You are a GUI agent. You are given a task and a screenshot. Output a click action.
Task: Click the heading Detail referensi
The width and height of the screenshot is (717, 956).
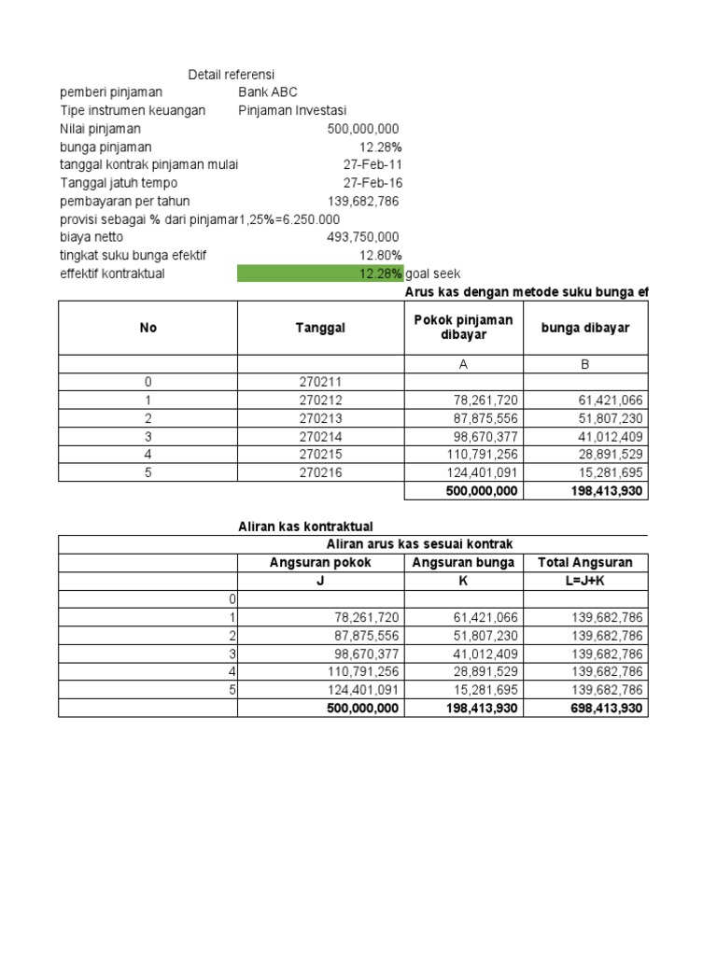(232, 75)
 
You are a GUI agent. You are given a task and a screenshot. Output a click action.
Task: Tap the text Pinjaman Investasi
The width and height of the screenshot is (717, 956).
(293, 110)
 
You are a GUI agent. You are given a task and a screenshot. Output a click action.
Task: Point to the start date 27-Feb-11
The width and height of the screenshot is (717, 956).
(373, 164)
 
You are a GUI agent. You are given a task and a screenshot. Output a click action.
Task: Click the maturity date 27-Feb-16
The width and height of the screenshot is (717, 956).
(373, 183)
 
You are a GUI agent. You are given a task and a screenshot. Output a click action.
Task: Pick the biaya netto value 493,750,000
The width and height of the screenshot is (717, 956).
(363, 237)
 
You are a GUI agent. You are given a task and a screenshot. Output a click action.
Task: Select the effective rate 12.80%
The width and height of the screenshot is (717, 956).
(381, 255)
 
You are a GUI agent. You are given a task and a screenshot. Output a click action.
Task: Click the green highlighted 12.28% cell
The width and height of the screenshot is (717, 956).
(320, 274)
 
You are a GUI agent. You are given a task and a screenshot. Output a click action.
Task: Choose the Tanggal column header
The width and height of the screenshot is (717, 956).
(320, 328)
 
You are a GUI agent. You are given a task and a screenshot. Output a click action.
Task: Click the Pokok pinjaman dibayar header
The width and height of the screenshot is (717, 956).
(463, 328)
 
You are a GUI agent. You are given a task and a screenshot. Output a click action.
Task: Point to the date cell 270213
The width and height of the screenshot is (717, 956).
(320, 418)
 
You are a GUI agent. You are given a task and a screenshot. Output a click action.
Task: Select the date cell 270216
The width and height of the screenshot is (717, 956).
(320, 472)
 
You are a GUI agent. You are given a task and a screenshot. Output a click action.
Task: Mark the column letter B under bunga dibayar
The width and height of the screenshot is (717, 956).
(585, 364)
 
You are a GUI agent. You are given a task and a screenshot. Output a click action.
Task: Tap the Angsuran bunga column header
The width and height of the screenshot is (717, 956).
(463, 562)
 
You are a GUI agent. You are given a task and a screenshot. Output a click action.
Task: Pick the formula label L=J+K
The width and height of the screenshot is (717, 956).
(585, 581)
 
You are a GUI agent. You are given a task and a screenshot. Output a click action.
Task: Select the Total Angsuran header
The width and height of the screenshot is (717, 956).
(585, 562)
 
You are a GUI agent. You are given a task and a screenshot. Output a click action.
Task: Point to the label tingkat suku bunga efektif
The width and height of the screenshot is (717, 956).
(133, 255)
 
